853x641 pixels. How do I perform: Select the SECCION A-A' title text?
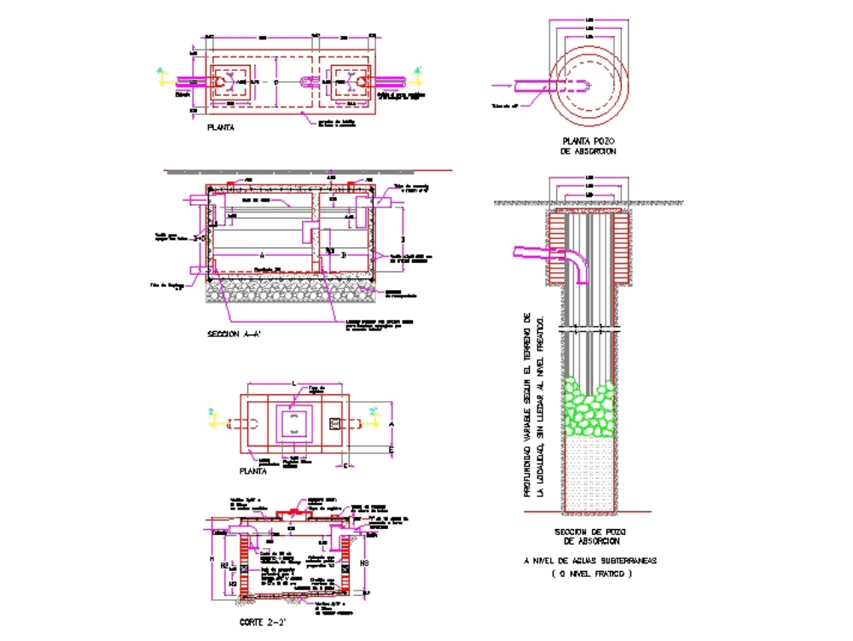234,335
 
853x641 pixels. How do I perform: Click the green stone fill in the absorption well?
589,410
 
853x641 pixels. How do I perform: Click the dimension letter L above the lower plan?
293,385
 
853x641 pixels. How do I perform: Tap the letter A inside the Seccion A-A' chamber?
261,254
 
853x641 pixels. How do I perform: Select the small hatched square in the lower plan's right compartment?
334,424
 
